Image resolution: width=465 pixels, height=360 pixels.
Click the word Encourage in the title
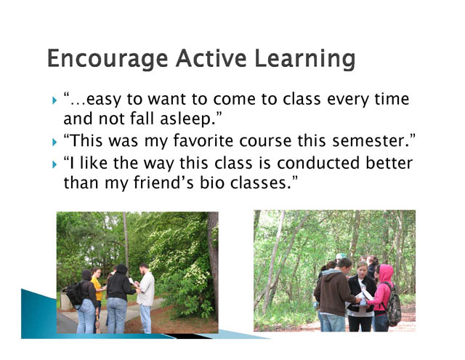pyautogui.click(x=108, y=59)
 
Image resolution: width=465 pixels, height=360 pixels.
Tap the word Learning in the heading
pyautogui.click(x=305, y=59)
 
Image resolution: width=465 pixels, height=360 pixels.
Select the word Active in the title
pyautogui.click(x=211, y=58)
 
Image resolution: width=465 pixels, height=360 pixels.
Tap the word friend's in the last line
pyautogui.click(x=163, y=183)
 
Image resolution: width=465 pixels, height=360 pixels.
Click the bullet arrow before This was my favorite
pyautogui.click(x=54, y=143)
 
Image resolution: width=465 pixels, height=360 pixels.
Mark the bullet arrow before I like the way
pyautogui.click(x=54, y=164)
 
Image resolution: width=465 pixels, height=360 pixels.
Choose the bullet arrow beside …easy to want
pyautogui.click(x=54, y=100)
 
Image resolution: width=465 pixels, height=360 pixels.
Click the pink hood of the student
pyautogui.click(x=386, y=273)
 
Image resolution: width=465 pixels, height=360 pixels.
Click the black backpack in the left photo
pyautogui.click(x=75, y=294)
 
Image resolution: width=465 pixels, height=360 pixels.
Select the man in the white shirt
pyautogui.click(x=145, y=297)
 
